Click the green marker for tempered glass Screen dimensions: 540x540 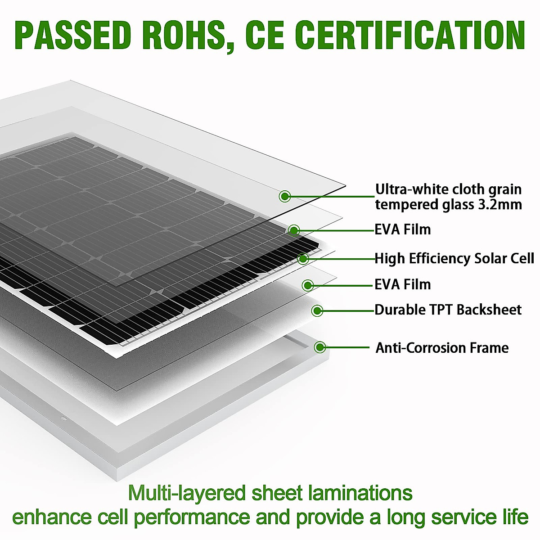coord(285,196)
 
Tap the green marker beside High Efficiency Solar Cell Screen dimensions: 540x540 coord(303,258)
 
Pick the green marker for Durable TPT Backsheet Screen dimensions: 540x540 coord(317,310)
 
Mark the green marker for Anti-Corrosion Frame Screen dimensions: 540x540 coord(320,347)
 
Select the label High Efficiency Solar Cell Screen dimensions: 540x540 coord(454,258)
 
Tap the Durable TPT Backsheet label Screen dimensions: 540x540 coord(448,310)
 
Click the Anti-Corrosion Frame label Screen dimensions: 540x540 coord(442,348)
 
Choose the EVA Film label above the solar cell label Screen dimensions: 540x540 coord(403,229)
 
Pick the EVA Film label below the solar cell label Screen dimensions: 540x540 coord(403,284)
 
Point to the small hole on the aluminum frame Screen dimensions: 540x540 coord(63,418)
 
